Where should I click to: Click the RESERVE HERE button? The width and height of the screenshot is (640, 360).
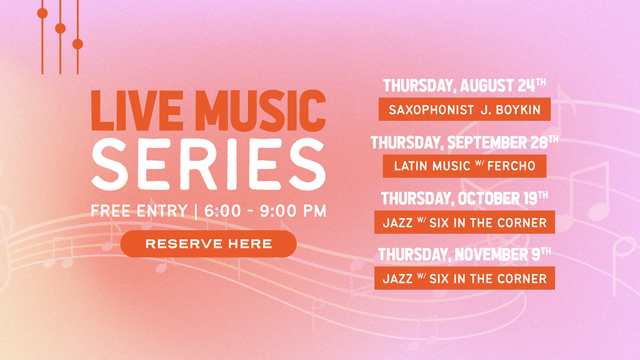coord(208,244)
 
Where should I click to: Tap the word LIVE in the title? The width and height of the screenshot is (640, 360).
coord(137,111)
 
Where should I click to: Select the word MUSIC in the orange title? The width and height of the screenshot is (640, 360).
coord(261,111)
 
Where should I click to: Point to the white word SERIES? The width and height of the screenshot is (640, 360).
coord(208,164)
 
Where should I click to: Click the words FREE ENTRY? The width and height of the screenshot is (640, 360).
coord(139,211)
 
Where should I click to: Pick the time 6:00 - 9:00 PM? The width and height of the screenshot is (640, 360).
coord(265,211)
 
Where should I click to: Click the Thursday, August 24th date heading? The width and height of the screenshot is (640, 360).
coord(464,86)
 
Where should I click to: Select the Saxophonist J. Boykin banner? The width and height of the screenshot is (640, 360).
coord(464,109)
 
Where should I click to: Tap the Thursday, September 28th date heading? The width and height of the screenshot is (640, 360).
coord(464,142)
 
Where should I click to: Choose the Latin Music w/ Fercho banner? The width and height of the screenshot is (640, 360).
coord(464,166)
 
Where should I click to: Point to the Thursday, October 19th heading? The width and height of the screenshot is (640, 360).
coord(464,198)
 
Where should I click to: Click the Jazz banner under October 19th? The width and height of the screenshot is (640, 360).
coord(464,222)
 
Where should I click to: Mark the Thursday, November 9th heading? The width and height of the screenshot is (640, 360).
coord(464,254)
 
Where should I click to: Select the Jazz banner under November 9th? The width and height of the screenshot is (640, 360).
coord(464,278)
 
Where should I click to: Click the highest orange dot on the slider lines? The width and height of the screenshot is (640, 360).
coord(42,13)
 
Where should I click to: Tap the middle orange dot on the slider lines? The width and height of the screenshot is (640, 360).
coord(60,28)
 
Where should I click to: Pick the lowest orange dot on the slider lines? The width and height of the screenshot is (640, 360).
coord(78,44)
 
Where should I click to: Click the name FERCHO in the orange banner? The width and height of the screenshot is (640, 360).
coord(511,166)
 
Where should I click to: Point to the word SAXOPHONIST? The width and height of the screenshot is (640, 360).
coord(431,110)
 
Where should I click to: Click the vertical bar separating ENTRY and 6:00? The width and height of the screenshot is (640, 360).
coord(196,211)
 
